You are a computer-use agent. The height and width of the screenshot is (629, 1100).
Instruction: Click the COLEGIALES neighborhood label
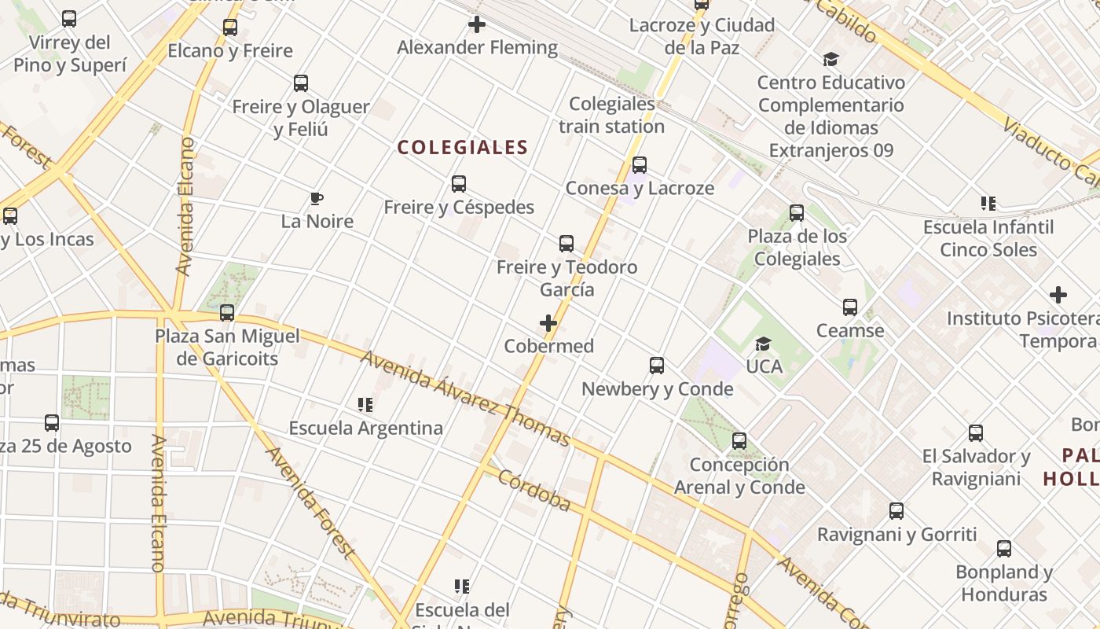(462, 147)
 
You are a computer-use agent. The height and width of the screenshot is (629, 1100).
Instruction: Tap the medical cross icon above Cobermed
(548, 323)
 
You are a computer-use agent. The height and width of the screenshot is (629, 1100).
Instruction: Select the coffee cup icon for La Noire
(317, 198)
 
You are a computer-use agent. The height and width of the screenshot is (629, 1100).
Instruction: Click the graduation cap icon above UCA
(763, 344)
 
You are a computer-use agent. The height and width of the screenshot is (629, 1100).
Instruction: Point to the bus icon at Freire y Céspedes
(459, 184)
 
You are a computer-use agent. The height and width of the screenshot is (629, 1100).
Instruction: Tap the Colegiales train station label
(611, 115)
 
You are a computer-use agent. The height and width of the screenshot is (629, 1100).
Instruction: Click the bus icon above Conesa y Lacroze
(640, 165)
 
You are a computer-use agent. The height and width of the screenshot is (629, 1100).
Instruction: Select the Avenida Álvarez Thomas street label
(465, 399)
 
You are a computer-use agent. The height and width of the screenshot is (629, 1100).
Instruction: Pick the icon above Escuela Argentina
(365, 405)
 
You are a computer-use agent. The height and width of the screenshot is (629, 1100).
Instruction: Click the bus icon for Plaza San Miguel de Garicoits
(227, 313)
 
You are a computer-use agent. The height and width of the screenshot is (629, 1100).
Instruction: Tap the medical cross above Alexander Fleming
(476, 24)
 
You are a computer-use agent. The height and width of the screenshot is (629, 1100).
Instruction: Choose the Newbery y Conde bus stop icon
(657, 366)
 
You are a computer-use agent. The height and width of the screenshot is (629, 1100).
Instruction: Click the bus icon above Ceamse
(850, 307)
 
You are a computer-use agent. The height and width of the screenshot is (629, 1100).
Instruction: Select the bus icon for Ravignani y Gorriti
(896, 511)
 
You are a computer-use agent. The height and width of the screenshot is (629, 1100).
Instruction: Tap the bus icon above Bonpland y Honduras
(1004, 549)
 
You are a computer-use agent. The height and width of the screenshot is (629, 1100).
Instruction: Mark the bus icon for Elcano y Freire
(230, 28)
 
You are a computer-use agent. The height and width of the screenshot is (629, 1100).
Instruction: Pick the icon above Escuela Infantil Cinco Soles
(988, 204)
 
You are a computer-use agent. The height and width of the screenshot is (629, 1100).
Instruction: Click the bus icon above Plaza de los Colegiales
(797, 213)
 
